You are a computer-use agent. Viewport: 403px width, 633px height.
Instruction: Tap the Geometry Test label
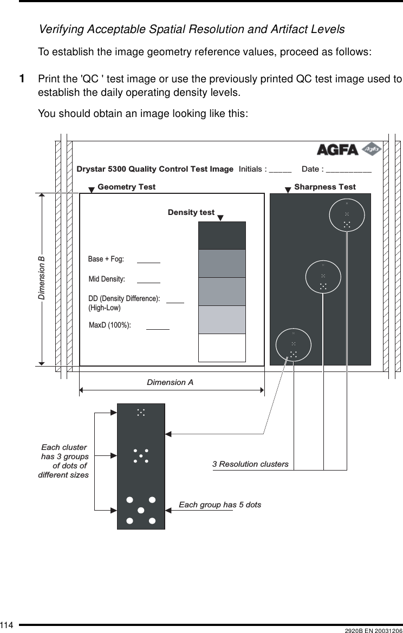click(x=126, y=187)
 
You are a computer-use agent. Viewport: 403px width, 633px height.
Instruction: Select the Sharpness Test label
click(x=325, y=187)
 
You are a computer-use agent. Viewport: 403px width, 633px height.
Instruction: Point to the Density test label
click(x=191, y=212)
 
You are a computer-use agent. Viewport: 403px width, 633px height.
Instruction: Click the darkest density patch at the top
click(x=222, y=236)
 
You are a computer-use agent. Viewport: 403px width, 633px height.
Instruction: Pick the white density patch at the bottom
click(x=222, y=348)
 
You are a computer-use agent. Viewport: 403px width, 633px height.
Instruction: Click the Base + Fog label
click(x=106, y=259)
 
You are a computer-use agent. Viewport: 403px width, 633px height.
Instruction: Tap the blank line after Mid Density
click(x=149, y=282)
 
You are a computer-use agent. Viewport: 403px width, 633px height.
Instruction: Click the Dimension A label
click(x=170, y=382)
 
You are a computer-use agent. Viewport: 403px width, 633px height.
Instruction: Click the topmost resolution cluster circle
click(x=347, y=215)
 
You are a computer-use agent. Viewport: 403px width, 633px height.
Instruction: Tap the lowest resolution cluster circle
click(x=294, y=345)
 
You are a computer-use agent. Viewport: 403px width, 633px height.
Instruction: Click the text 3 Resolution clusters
click(x=250, y=464)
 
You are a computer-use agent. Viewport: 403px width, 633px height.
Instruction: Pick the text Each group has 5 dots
click(x=220, y=505)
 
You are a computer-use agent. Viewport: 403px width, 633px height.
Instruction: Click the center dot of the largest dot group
click(x=141, y=510)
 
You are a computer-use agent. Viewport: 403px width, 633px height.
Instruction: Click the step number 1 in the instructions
click(x=22, y=80)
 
